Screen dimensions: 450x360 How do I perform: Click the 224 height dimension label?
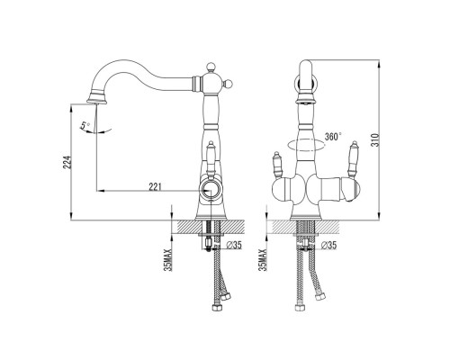68,162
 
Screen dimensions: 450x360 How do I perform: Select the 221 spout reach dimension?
156,187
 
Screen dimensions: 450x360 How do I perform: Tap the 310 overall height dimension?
375,139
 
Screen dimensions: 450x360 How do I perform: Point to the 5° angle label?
85,125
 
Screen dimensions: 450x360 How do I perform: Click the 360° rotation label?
333,137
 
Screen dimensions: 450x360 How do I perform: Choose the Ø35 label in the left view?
234,245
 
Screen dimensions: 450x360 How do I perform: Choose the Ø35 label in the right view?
328,245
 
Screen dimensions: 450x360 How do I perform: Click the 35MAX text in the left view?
168,260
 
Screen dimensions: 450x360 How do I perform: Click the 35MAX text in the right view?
263,260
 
